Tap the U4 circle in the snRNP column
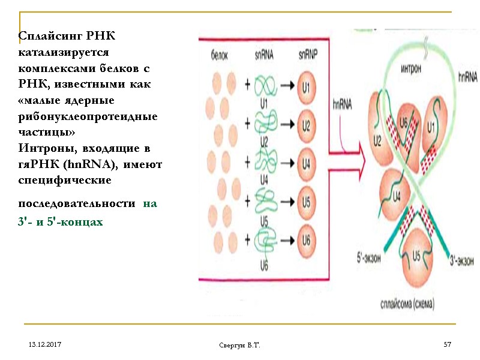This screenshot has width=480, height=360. click(306, 163)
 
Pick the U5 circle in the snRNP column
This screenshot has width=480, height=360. click(306, 202)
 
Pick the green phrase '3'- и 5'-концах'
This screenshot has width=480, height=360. click(61, 222)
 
